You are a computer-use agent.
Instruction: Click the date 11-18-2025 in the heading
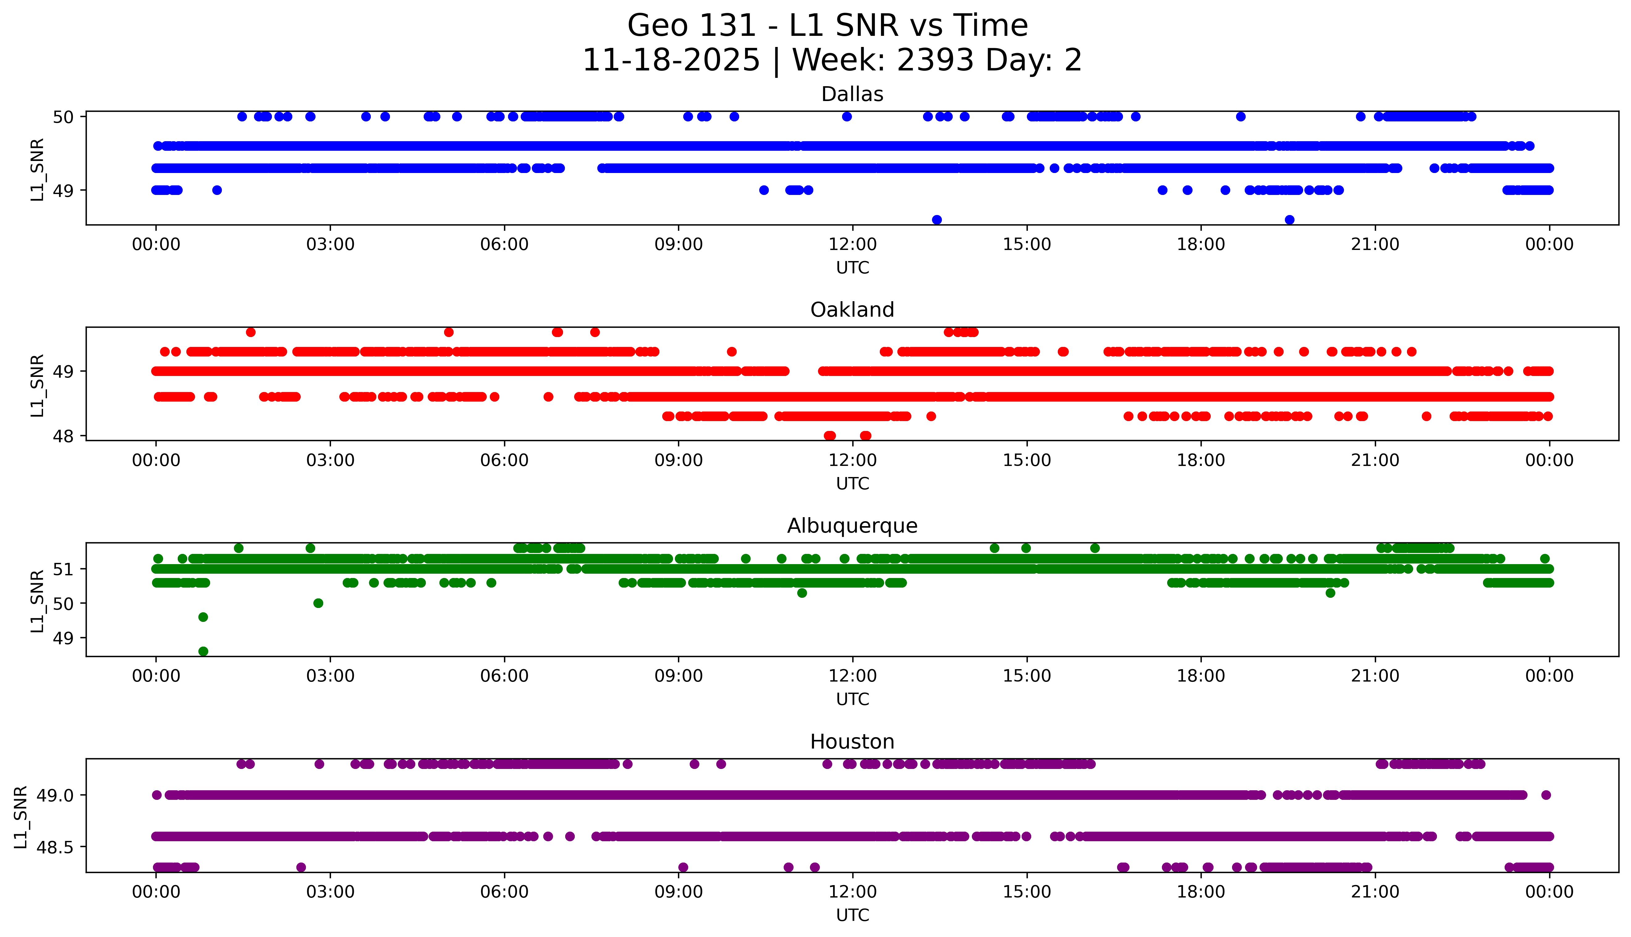[x=671, y=61]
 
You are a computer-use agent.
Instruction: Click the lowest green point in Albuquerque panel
[x=203, y=651]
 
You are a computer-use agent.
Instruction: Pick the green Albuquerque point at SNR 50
[x=318, y=603]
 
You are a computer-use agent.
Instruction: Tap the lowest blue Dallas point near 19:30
[x=1289, y=219]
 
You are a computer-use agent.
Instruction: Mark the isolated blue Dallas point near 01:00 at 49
[x=217, y=190]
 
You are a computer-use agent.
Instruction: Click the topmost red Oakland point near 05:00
[x=449, y=332]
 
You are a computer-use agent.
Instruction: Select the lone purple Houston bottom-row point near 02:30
[x=301, y=867]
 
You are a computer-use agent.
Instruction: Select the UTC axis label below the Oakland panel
[x=852, y=483]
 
